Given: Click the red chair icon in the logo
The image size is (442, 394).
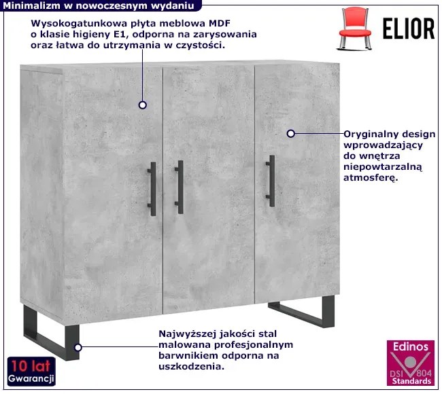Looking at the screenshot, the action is [354, 29].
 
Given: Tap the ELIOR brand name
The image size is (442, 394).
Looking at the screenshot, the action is [409, 29].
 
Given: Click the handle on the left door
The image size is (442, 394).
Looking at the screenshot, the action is [152, 190].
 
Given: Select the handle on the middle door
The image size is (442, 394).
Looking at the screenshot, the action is [180, 187].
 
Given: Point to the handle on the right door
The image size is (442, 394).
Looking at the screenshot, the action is [271, 181].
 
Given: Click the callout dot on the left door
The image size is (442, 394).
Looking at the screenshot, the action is [143, 105].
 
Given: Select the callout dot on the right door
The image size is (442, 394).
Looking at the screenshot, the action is [290, 134].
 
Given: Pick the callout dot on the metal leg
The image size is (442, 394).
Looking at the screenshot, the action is [78, 348].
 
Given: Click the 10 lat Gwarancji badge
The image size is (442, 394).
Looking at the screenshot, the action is [31, 372].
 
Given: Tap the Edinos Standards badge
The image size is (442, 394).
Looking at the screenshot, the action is [411, 363].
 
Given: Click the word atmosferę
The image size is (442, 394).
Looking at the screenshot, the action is [371, 178].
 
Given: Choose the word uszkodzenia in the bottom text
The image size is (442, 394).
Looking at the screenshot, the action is [191, 367].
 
